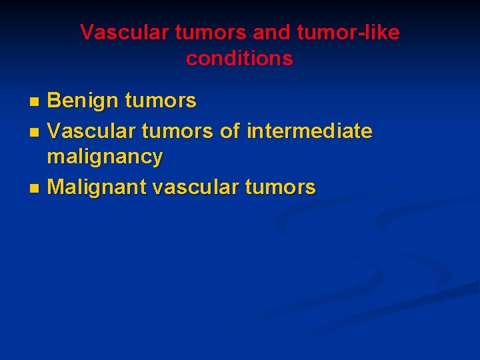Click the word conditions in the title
click(239, 59)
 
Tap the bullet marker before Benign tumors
click(35, 102)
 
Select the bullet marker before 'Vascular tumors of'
click(35, 132)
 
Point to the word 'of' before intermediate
click(230, 131)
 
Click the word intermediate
click(309, 131)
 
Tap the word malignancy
click(105, 157)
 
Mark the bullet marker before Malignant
click(35, 189)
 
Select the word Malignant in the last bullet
click(97, 188)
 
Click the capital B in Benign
click(54, 101)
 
